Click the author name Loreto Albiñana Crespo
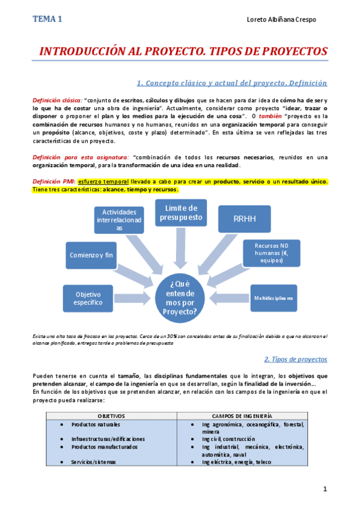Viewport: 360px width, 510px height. tap(281, 20)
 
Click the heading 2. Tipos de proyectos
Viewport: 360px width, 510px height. tap(296, 359)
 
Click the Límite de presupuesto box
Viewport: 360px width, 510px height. tap(181, 213)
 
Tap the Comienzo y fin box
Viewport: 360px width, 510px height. tap(91, 254)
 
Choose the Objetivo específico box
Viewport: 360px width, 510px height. tap(88, 298)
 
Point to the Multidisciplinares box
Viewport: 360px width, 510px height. tap(273, 298)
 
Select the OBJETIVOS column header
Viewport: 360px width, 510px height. tap(111, 416)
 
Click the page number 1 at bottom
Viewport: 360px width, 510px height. tap(325, 490)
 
